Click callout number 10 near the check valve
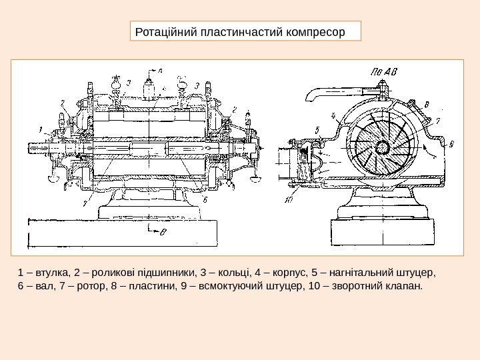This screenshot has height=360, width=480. [x=289, y=198]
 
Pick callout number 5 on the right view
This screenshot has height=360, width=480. [x=317, y=130]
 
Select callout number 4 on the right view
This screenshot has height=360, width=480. [x=331, y=115]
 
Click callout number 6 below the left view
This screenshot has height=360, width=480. [x=205, y=199]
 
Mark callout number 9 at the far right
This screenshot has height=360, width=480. [x=451, y=143]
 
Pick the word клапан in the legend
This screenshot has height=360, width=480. [x=405, y=287]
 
